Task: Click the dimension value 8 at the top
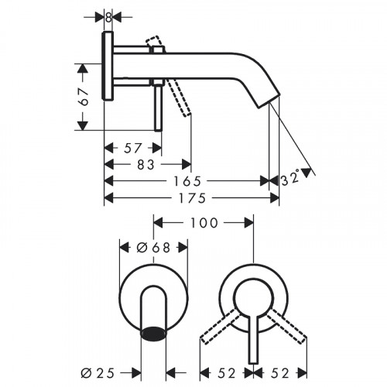pos(109,17)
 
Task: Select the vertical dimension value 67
pos(87,95)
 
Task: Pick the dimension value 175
pos(190,198)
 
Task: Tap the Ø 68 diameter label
pos(152,248)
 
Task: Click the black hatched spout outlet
pos(153,334)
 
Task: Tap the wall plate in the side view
pos(109,67)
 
